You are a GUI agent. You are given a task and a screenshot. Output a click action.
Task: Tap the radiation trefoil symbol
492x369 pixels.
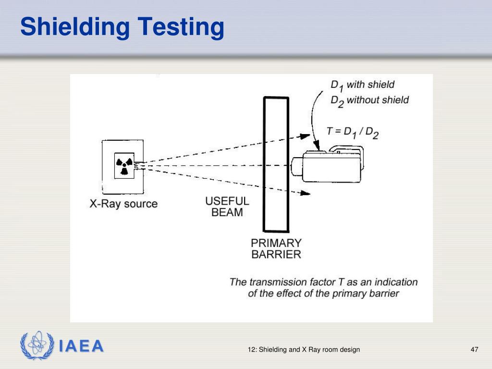coord(124,165)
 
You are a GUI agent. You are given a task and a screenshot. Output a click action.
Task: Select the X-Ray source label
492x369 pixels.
coord(123,204)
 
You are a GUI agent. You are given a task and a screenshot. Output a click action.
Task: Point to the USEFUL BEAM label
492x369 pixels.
coord(227,207)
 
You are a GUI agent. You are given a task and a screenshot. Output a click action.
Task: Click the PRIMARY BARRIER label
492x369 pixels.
coord(276,248)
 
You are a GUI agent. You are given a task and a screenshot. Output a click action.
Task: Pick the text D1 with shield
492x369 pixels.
coord(362,86)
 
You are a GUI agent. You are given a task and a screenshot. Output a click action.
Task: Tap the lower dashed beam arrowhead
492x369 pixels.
coord(306,194)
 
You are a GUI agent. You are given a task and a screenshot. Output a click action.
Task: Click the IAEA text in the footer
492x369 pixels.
coord(81,346)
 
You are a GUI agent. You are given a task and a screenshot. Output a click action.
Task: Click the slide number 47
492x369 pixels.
coord(474,349)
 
